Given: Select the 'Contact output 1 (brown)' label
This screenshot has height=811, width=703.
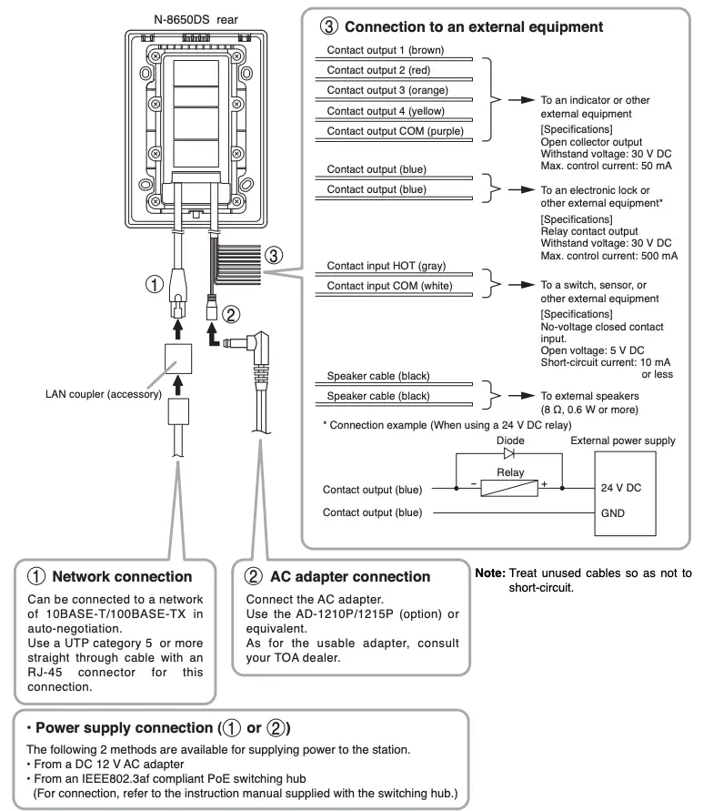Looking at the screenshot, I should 386,50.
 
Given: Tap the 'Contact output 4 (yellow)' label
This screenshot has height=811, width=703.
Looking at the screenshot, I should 387,110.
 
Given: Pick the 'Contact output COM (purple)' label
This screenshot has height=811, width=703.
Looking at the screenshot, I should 396,130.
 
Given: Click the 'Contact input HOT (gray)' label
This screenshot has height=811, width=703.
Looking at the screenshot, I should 387,265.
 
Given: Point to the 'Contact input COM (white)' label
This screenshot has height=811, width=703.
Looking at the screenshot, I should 387,286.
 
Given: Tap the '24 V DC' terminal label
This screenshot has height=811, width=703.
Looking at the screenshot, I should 621,488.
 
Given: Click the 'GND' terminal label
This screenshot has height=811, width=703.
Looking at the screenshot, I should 612,512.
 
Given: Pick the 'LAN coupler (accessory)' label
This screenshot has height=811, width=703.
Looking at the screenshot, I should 103,394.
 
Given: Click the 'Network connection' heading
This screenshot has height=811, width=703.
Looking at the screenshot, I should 122,576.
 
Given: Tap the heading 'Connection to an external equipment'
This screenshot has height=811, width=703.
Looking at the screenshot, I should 474,27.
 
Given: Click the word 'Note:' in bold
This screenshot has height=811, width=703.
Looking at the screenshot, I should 490,573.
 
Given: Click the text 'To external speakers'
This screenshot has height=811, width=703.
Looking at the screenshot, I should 590,396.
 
